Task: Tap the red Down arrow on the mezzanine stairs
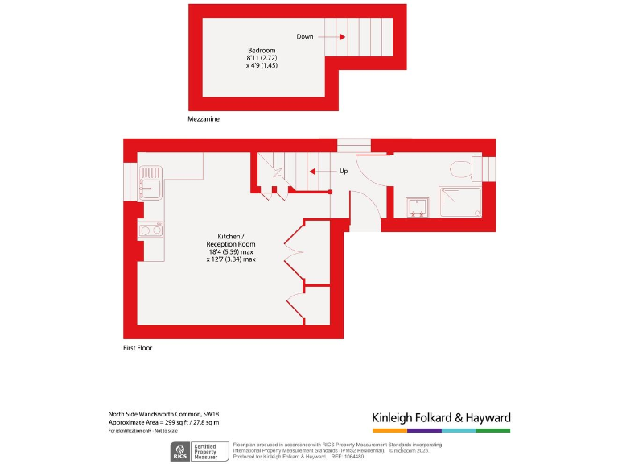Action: click(342, 36)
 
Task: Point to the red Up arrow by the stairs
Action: click(316, 171)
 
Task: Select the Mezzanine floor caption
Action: click(204, 118)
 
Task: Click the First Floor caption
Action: click(137, 348)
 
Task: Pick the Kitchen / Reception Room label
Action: click(231, 239)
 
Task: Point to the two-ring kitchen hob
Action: click(151, 230)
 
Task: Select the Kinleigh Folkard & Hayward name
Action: click(441, 418)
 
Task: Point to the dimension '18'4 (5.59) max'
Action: click(231, 251)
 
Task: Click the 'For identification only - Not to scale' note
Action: click(143, 432)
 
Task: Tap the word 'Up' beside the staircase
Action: click(344, 171)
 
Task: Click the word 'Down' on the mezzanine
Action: click(305, 36)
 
